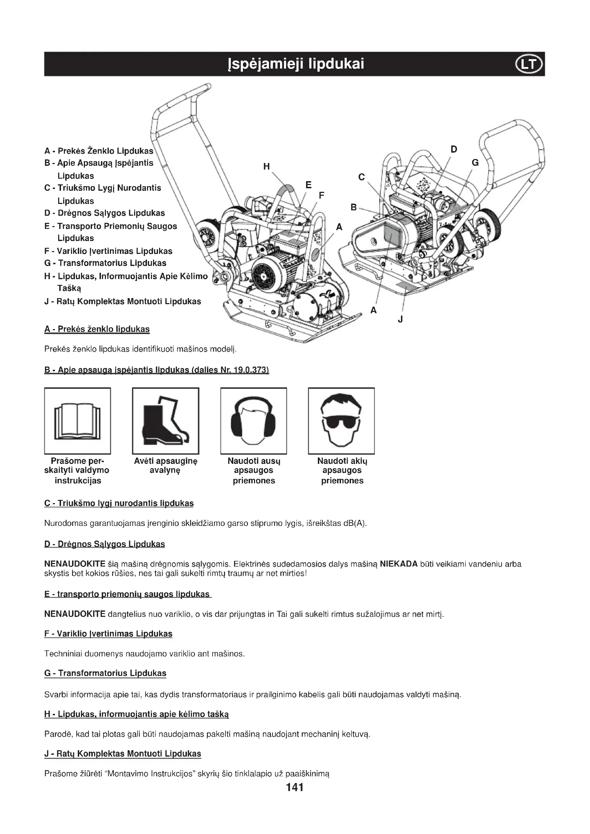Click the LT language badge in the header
[529, 64]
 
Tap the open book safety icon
[77, 421]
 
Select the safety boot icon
[165, 421]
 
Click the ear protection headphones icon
[253, 421]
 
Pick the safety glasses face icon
[341, 421]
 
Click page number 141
[295, 787]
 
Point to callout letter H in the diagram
[267, 167]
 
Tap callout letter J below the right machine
[400, 319]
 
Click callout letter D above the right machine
[454, 149]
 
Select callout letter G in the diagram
[475, 163]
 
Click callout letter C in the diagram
[361, 177]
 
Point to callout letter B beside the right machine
[354, 208]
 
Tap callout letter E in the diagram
[309, 185]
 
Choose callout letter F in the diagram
[321, 195]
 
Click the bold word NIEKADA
[398, 564]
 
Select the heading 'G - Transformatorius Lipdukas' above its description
[105, 673]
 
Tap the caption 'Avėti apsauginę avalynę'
[165, 466]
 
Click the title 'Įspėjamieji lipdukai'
[295, 64]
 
